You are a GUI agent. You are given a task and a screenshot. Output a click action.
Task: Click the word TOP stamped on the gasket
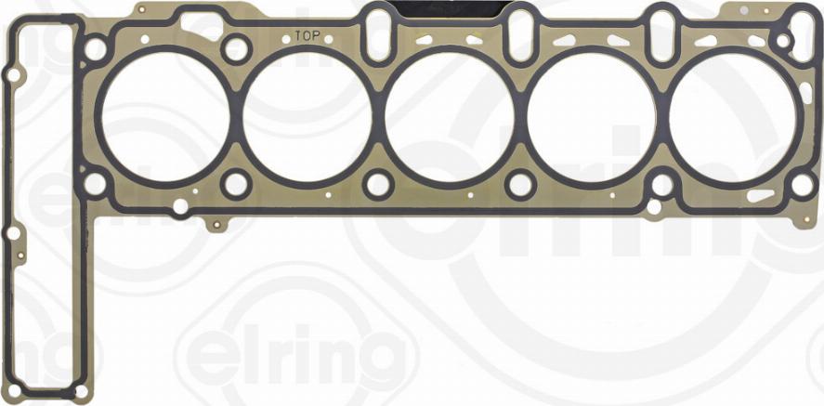coord(307,36)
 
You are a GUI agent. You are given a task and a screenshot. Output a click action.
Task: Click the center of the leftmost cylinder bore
coord(165,116)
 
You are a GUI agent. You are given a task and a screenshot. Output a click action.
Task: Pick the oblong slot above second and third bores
coord(376,33)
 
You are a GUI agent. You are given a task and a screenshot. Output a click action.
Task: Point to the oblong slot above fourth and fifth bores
coord(662,33)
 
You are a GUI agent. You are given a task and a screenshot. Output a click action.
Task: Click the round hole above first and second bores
coord(236,48)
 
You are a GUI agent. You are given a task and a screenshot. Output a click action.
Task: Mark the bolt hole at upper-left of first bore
coord(95,48)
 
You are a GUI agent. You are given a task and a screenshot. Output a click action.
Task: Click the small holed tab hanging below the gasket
coord(216,224)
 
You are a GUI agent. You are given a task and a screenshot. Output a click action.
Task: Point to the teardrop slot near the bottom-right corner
coord(760,196)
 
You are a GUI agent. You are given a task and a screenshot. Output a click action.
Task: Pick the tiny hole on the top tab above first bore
coord(141,11)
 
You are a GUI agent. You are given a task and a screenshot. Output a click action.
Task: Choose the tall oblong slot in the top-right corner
coord(802,35)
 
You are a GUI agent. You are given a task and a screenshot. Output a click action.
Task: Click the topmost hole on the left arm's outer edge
coord(14,74)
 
